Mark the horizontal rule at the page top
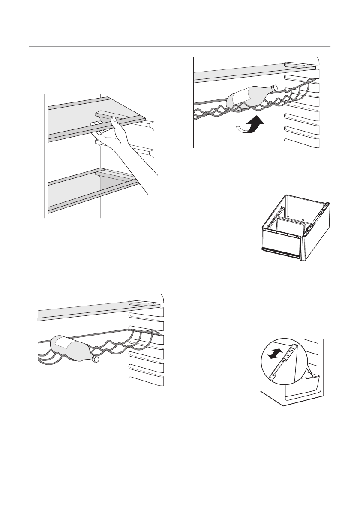[180, 46]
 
